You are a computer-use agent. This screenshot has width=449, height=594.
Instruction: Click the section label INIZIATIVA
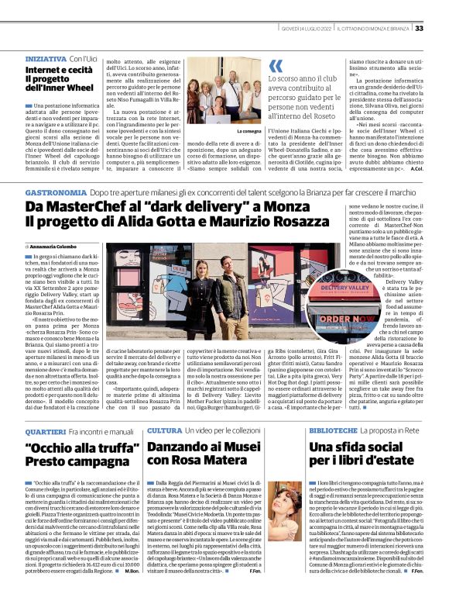tap(46, 58)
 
